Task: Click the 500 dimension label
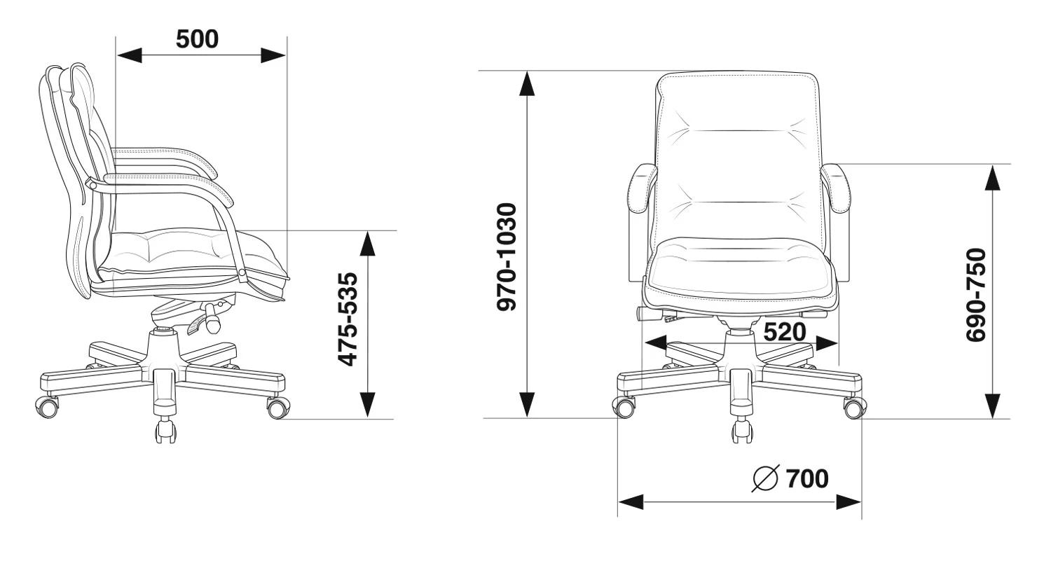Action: (197, 39)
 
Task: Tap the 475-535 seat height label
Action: (349, 319)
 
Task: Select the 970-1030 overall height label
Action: (507, 256)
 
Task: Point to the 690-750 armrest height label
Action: (977, 295)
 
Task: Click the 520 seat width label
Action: (785, 332)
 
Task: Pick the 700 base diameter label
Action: (807, 479)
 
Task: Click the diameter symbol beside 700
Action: (766, 478)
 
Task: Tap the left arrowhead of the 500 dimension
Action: (130, 55)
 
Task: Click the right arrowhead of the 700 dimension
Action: (849, 502)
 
